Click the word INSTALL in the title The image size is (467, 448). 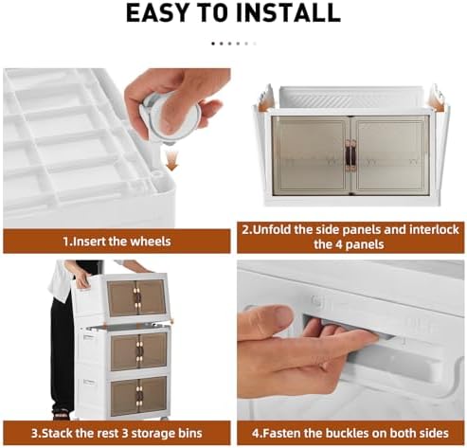point(288,13)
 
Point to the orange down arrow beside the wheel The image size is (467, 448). point(171,160)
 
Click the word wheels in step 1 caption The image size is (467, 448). point(151,242)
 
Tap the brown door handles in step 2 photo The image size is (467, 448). point(350,156)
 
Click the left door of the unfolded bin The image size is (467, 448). point(311,154)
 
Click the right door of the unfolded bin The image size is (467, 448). point(390,154)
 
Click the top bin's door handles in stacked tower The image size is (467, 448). point(136,298)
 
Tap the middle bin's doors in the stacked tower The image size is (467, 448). point(138,351)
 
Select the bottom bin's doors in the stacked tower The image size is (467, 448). point(138,396)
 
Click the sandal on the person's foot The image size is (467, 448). point(61,413)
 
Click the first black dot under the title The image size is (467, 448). point(213,44)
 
